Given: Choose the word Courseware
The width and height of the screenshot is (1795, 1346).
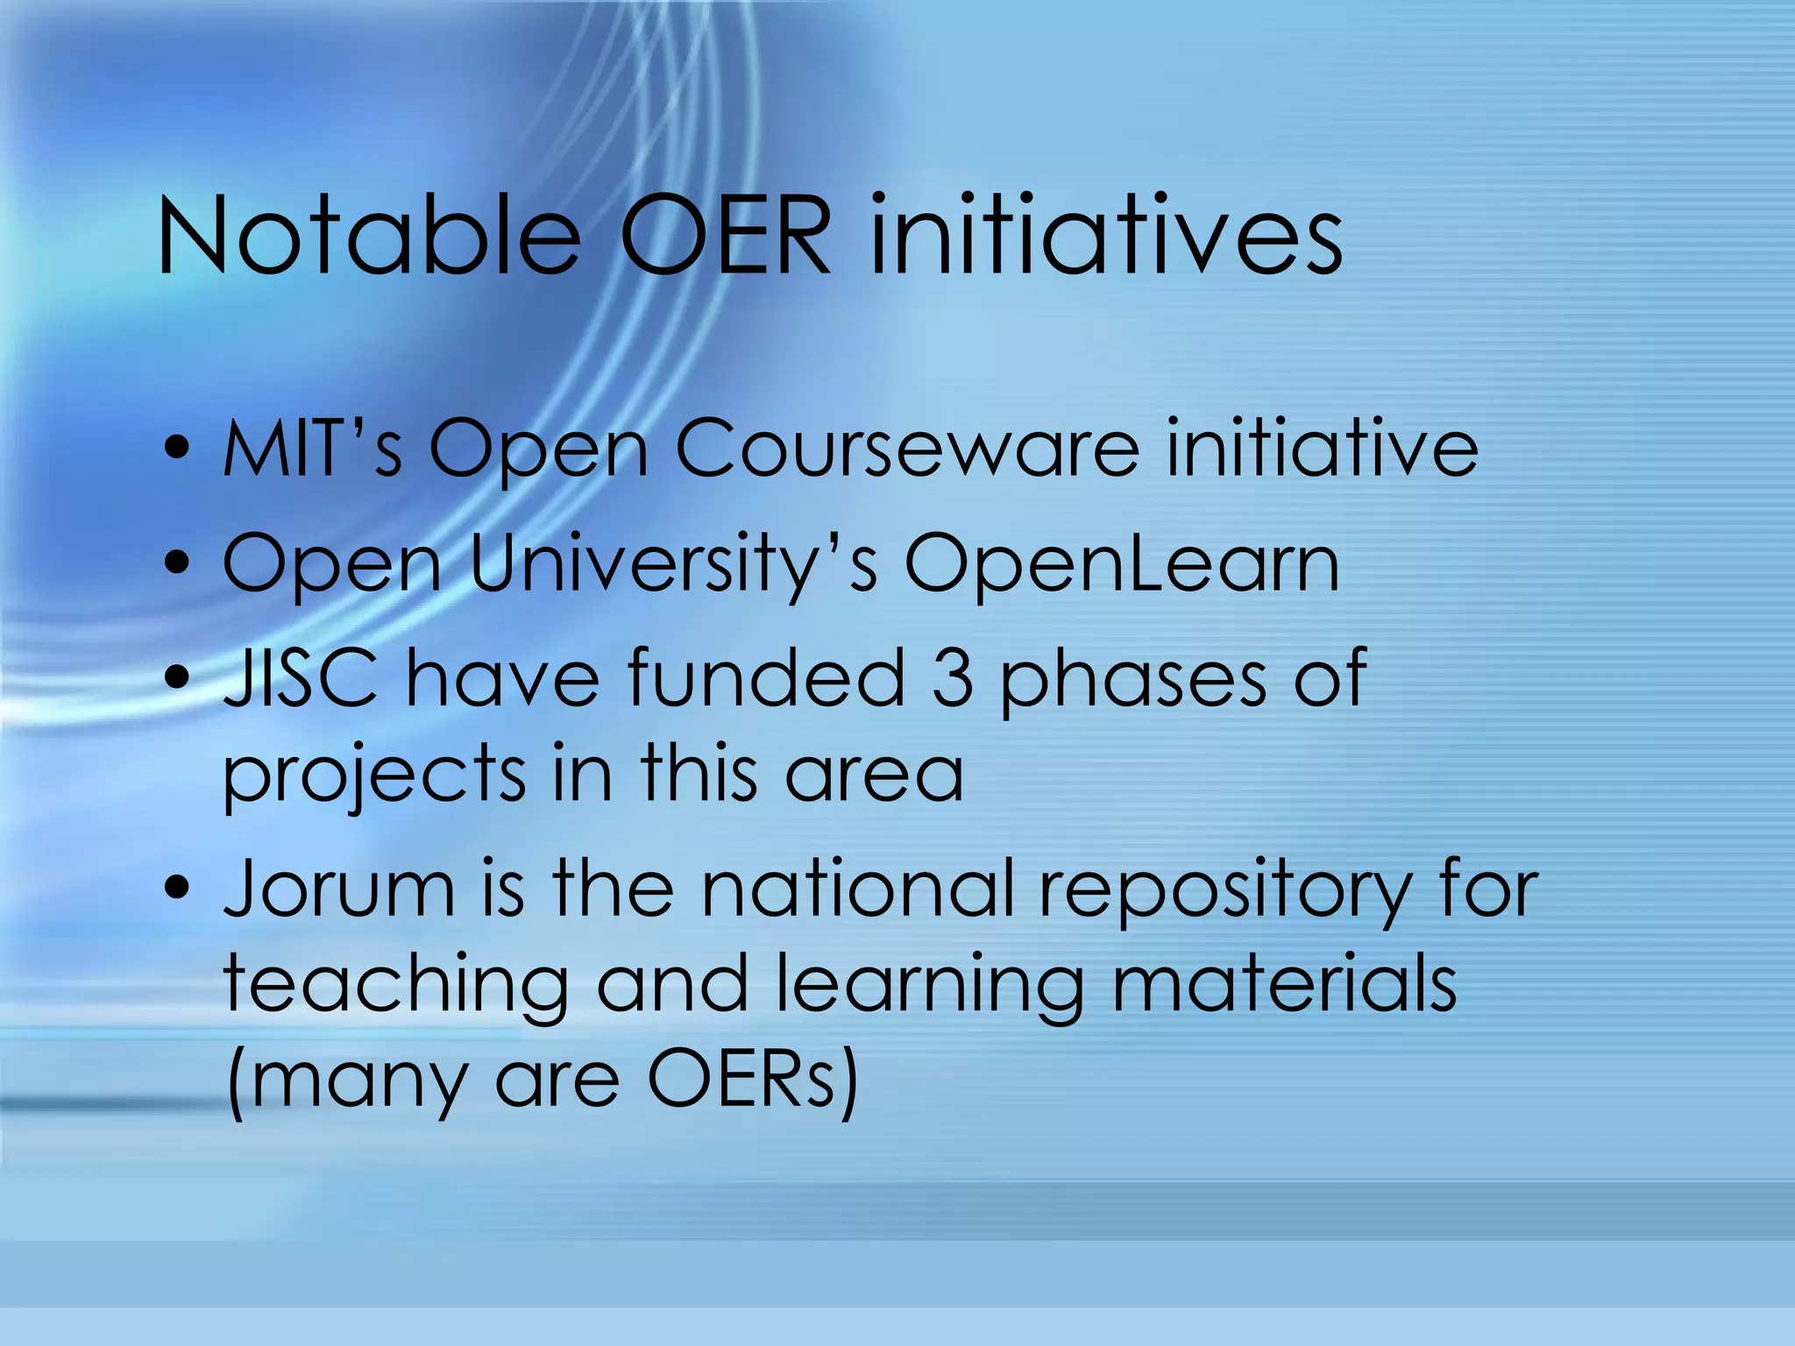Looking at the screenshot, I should pyautogui.click(x=907, y=450).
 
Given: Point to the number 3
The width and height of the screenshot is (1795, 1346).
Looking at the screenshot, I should pyautogui.click(x=952, y=677).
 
